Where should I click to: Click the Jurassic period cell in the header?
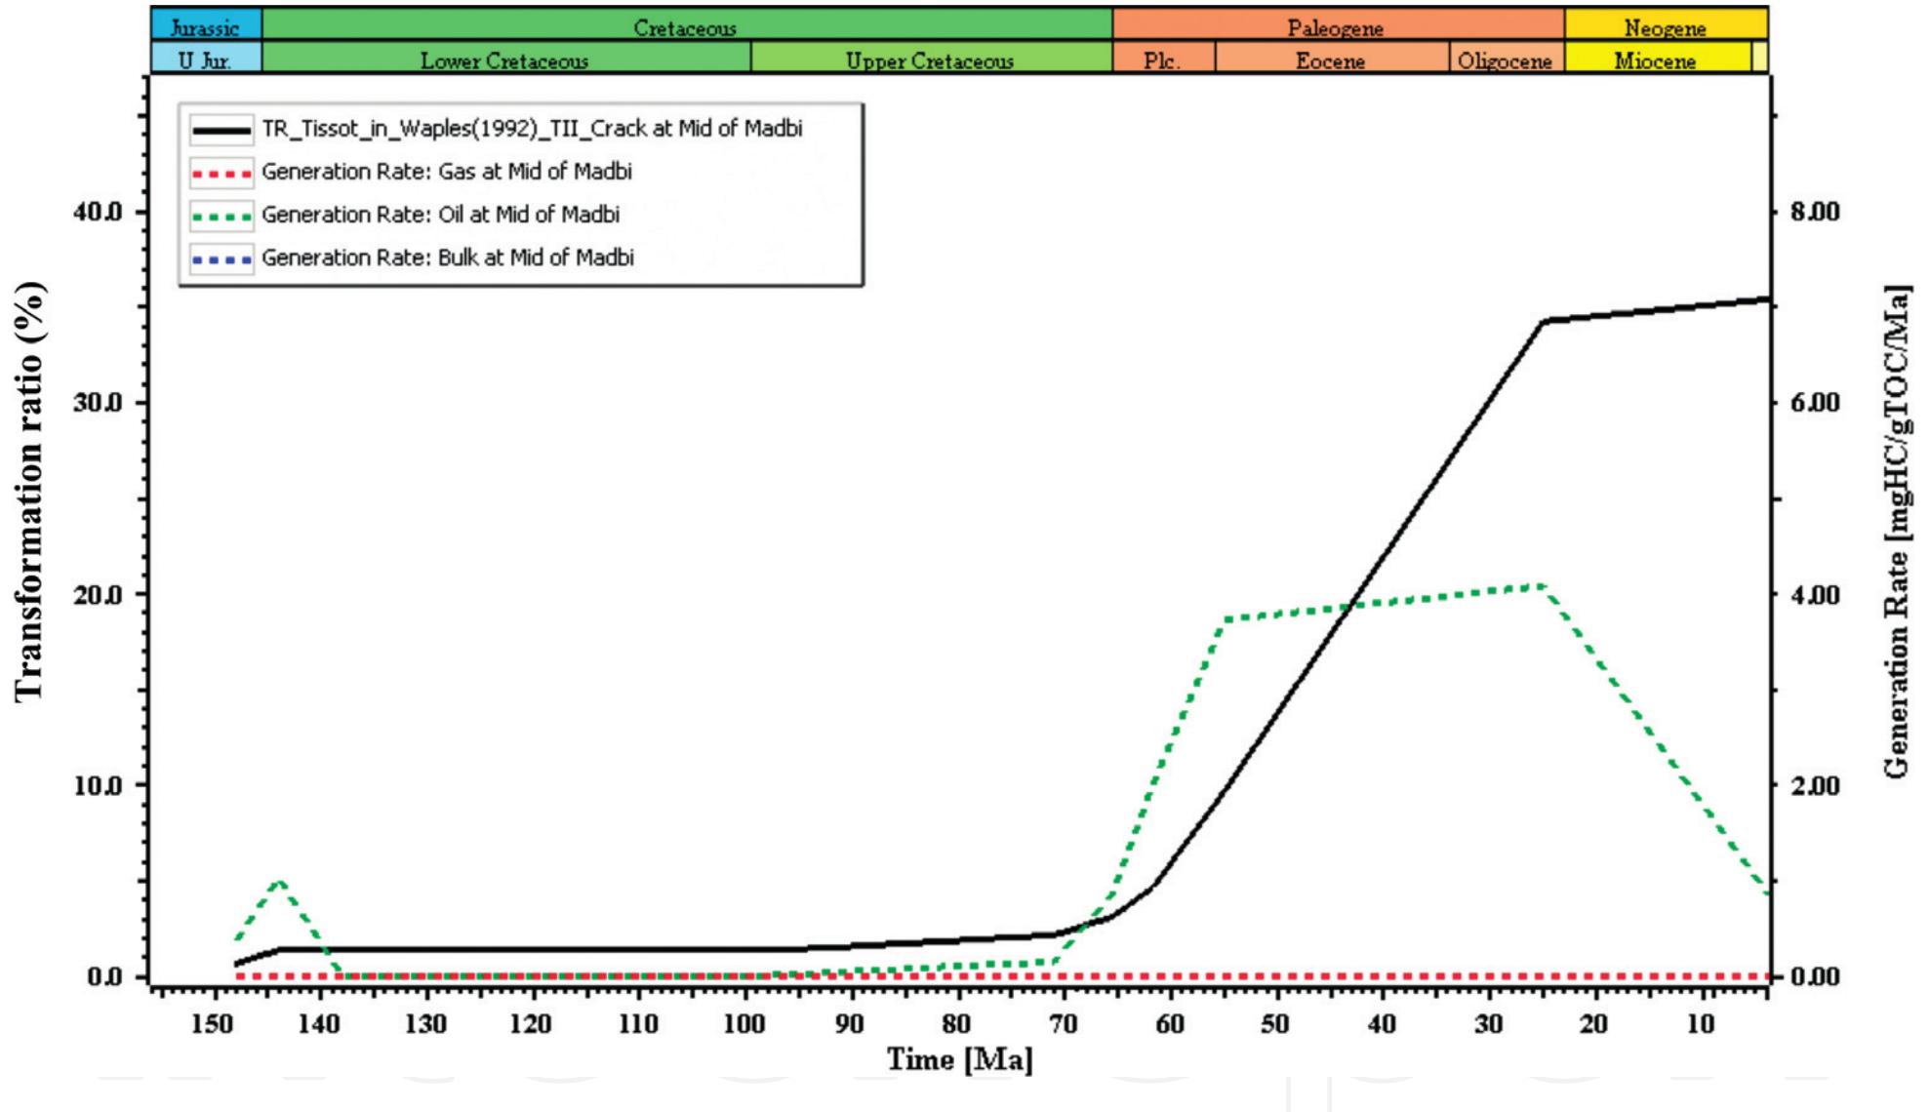(x=205, y=25)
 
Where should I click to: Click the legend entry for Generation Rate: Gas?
(x=446, y=172)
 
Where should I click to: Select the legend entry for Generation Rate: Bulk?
(x=447, y=258)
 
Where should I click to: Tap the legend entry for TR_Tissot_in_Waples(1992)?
(x=532, y=129)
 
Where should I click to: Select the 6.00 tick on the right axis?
(x=1815, y=403)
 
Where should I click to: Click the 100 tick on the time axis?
(x=744, y=1023)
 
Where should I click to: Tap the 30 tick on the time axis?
(x=1488, y=1023)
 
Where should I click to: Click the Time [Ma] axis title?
(x=958, y=1059)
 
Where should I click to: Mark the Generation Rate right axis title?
(x=1896, y=532)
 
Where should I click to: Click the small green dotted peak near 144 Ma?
(x=281, y=881)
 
